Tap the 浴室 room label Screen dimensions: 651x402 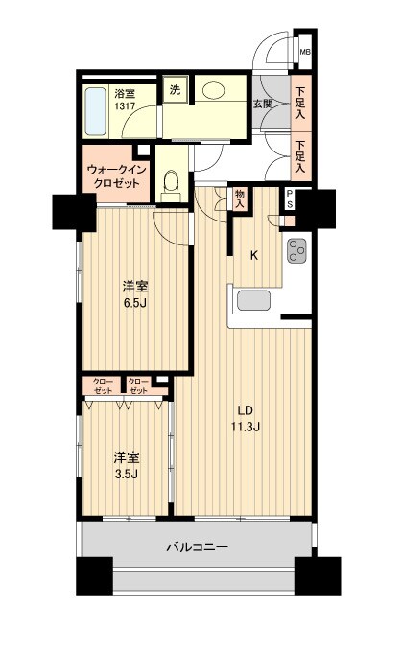[x=125, y=93]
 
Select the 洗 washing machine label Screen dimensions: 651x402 [x=175, y=89]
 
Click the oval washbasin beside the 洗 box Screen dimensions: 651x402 [x=214, y=91]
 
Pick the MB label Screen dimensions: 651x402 [x=304, y=52]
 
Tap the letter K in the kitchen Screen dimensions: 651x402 [x=254, y=255]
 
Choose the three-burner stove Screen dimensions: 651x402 [x=296, y=250]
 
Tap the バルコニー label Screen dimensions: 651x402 [x=197, y=547]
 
